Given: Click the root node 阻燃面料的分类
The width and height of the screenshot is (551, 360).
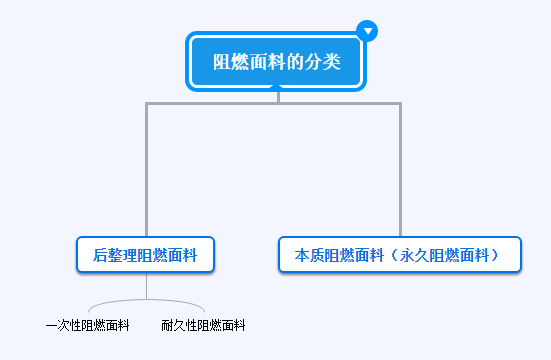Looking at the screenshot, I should tap(277, 62).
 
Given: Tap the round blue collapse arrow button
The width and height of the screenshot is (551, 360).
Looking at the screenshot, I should tap(368, 31).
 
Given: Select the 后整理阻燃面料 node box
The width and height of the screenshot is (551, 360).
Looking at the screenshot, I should tap(146, 254).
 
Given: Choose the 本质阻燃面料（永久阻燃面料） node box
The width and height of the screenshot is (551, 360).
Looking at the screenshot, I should tap(401, 254).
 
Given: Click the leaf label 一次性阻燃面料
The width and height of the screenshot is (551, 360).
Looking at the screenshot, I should tap(88, 325).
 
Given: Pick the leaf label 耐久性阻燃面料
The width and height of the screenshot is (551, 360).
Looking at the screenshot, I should tap(203, 325).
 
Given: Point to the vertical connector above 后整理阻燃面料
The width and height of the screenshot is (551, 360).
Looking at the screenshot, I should tap(147, 170).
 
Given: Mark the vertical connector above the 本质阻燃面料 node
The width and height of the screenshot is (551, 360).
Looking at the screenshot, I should tap(400, 170).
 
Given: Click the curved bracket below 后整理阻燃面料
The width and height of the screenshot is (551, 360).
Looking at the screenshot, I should tap(146, 301).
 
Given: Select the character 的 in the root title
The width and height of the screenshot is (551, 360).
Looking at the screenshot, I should tap(294, 62).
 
